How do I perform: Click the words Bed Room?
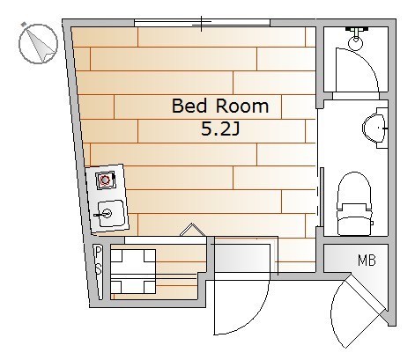(220, 106)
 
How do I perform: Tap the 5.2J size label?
(220, 129)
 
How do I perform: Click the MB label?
(367, 261)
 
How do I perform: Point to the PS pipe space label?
(99, 261)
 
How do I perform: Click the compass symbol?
(38, 43)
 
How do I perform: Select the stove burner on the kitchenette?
(105, 180)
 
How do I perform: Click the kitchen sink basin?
(110, 214)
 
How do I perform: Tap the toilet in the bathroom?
(353, 203)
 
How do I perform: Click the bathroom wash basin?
(374, 128)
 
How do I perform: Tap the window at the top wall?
(202, 23)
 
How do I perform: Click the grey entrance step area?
(242, 258)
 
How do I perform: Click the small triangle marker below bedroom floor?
(192, 230)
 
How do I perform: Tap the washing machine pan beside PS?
(133, 271)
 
